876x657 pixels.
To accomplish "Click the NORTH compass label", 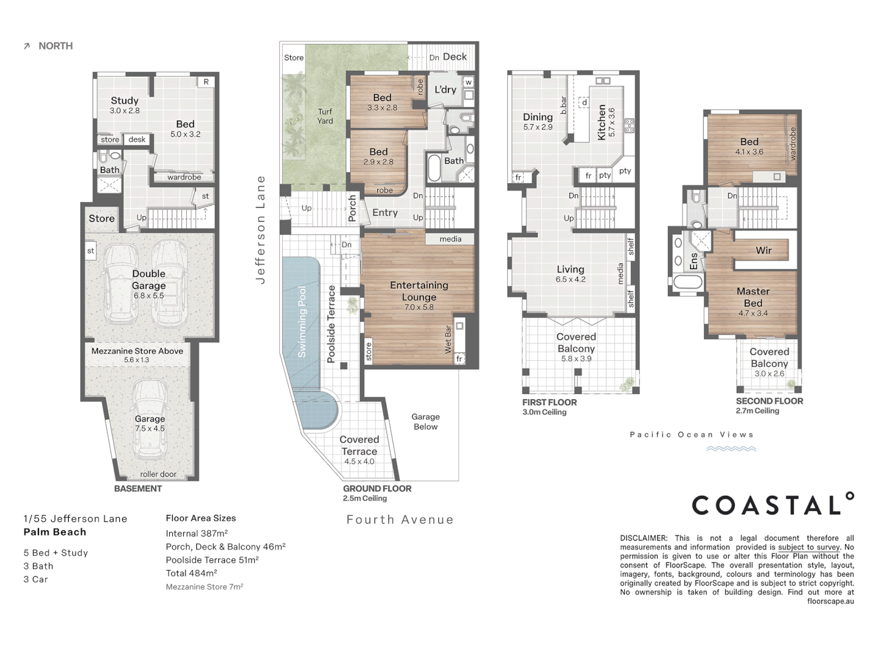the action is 55,46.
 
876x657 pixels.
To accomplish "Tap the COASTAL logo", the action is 773,504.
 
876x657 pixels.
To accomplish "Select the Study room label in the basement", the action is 125,100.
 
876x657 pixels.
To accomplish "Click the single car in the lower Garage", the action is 150,419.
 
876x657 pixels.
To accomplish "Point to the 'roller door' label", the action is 158,474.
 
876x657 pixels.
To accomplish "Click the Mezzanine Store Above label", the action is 137,351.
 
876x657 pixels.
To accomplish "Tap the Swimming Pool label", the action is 302,322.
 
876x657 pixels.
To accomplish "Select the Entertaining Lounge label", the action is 419,291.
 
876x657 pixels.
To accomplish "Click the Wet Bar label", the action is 448,339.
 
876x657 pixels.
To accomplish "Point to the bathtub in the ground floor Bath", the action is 434,167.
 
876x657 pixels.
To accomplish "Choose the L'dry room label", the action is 445,89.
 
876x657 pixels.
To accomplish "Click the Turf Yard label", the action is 325,116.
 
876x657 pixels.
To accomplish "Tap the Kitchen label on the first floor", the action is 602,122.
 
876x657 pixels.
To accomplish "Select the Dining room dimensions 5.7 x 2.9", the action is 538,127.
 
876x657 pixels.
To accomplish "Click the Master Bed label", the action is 753,297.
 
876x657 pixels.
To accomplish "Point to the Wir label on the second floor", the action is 763,250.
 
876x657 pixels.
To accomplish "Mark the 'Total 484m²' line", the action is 192,573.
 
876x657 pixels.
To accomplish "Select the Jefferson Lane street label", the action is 260,230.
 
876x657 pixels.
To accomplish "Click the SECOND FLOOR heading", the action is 770,401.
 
